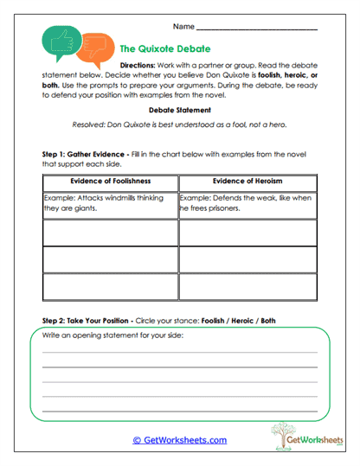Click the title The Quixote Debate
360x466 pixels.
pyautogui.click(x=164, y=49)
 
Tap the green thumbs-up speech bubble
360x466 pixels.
pyautogui.click(x=59, y=41)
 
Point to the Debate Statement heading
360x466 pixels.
pyautogui.click(x=179, y=110)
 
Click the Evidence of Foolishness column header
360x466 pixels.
pyautogui.click(x=110, y=181)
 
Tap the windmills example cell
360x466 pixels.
pyautogui.click(x=110, y=202)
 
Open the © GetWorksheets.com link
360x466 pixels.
pyautogui.click(x=179, y=440)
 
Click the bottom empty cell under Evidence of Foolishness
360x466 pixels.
pyautogui.click(x=110, y=285)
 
